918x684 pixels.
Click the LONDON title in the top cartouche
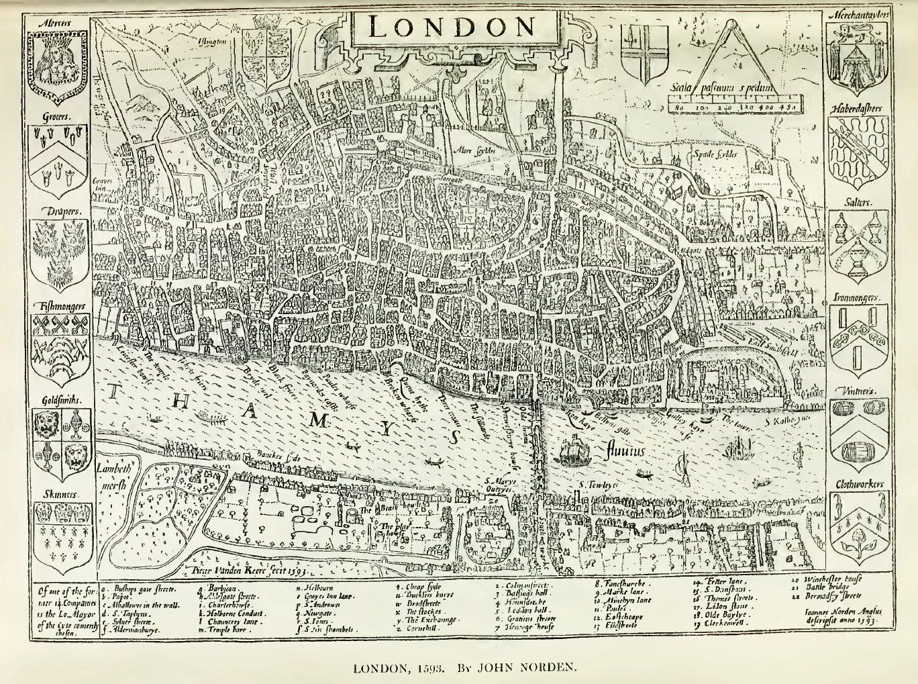[452, 27]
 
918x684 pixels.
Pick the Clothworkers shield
[858, 526]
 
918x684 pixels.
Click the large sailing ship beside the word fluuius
[572, 450]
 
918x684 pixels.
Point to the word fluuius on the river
[624, 450]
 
